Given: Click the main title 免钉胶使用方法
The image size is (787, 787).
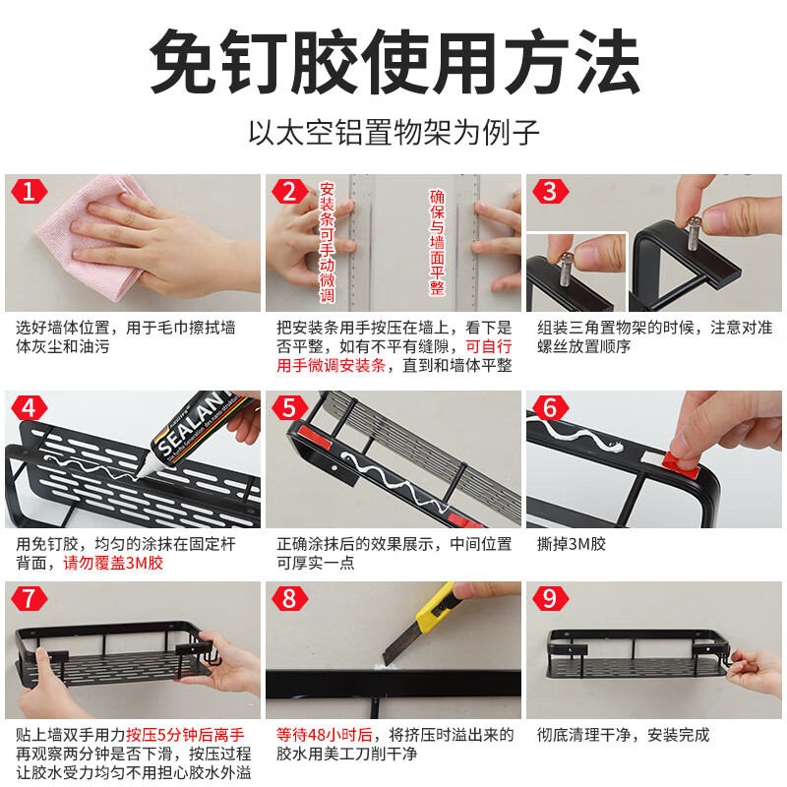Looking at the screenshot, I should [x=393, y=61].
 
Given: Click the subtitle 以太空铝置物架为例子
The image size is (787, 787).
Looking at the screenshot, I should [x=393, y=132].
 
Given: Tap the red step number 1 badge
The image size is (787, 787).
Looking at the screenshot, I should [x=29, y=191].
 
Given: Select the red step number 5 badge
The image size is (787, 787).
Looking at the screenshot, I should [x=289, y=407].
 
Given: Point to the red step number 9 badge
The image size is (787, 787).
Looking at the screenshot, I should [x=550, y=598].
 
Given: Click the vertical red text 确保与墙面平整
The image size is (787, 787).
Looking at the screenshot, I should [x=437, y=242].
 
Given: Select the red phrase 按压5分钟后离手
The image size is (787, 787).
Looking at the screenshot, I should [x=176, y=735].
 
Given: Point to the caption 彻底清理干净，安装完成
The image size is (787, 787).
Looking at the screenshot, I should [x=623, y=735].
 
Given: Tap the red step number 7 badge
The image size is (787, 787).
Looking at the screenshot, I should [x=29, y=598].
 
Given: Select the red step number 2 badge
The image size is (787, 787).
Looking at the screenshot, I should [x=289, y=191].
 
